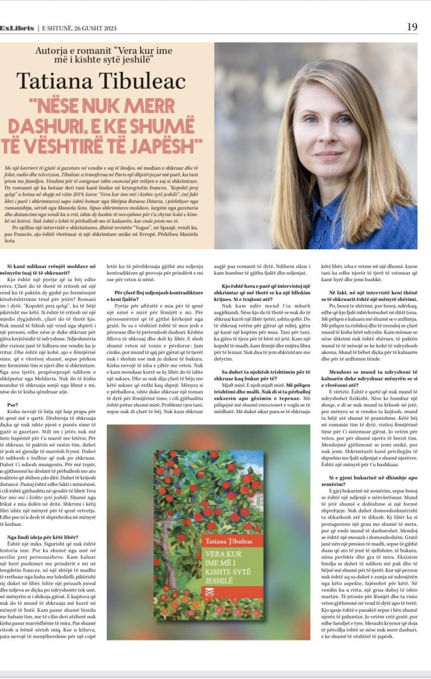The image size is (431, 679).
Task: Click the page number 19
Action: [412, 27]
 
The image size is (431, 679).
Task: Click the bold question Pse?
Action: [13, 404]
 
